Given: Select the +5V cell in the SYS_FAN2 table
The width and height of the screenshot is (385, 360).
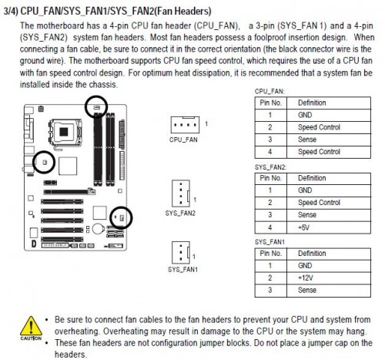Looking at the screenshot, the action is [329, 227].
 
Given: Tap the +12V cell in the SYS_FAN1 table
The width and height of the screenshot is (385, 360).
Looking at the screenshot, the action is [329, 278].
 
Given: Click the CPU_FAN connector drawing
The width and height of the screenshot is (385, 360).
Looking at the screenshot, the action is [185, 125].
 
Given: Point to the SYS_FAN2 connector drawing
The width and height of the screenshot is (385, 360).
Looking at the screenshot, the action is [181, 193].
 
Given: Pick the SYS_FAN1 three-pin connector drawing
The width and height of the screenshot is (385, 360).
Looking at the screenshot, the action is [181, 252].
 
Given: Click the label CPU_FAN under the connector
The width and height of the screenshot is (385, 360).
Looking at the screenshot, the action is [183, 140].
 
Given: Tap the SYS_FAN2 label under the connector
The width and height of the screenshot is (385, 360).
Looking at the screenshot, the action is [180, 214].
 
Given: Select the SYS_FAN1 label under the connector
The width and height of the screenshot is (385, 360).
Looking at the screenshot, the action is [182, 270].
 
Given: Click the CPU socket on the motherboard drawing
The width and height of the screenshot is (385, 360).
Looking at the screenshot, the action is [65, 133].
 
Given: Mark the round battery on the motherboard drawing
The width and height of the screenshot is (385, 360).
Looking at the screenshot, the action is [98, 229].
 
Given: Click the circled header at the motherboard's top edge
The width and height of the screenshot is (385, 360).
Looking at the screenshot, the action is [96, 107].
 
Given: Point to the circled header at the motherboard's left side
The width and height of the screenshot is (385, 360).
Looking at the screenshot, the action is [45, 162].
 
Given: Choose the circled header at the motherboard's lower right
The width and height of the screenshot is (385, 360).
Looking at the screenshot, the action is [122, 218].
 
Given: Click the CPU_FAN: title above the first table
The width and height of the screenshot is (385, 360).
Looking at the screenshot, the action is [269, 92].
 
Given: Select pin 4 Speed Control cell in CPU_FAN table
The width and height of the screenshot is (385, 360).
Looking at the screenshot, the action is [329, 152].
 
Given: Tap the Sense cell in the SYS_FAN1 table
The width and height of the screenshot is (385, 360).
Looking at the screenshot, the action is [329, 291].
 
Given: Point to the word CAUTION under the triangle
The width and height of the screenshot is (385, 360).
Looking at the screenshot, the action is [31, 338].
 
